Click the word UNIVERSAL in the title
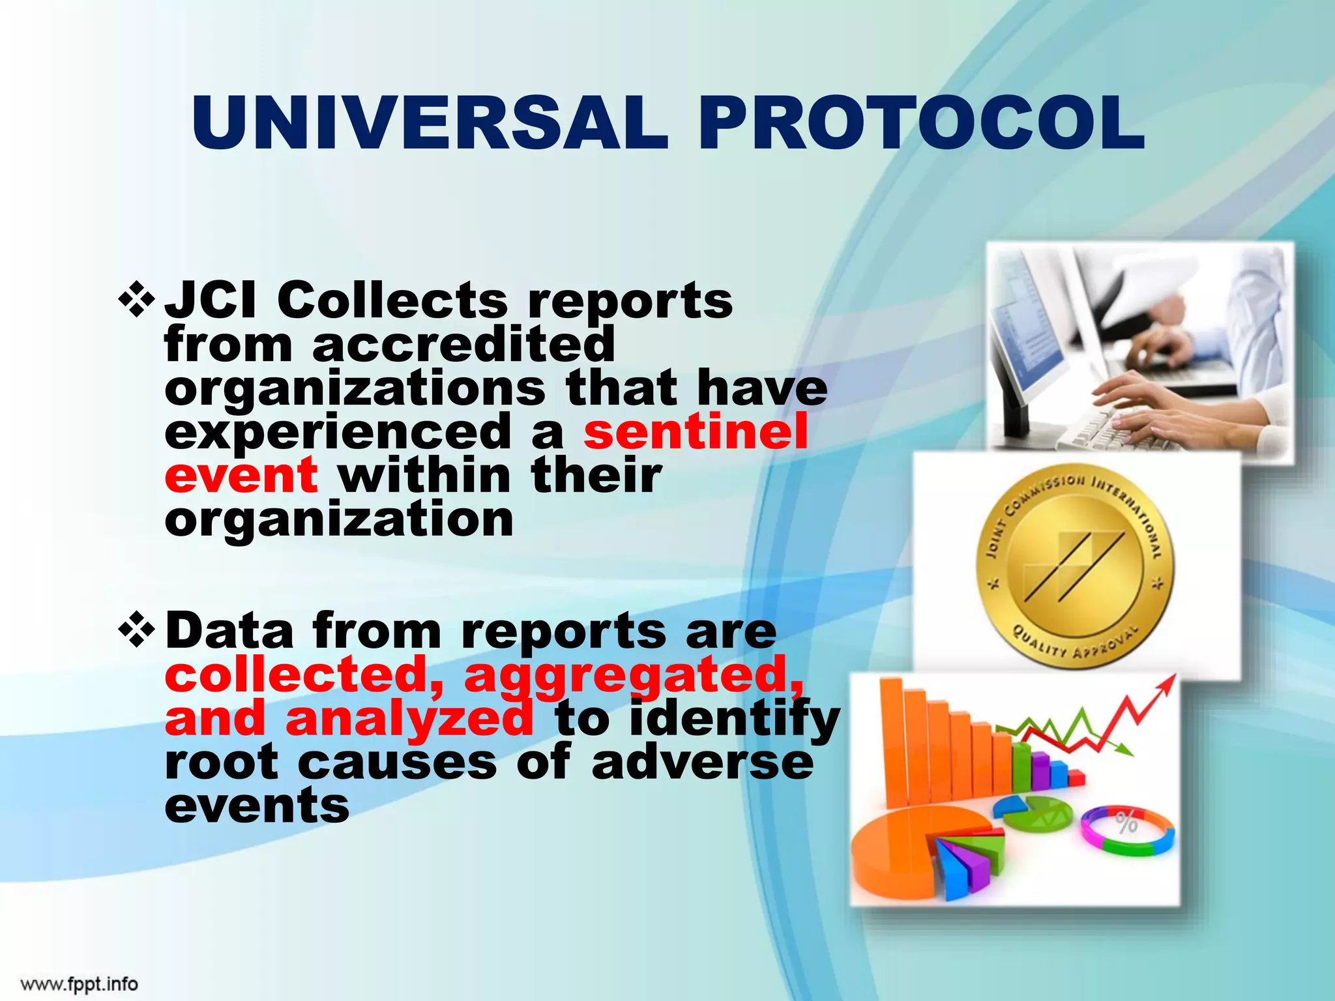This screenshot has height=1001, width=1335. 430,124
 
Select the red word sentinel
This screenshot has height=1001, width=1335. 696,431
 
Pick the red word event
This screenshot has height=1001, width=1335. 241,475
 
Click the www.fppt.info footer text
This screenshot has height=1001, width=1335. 79,983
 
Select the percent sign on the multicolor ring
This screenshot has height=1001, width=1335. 1126,823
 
